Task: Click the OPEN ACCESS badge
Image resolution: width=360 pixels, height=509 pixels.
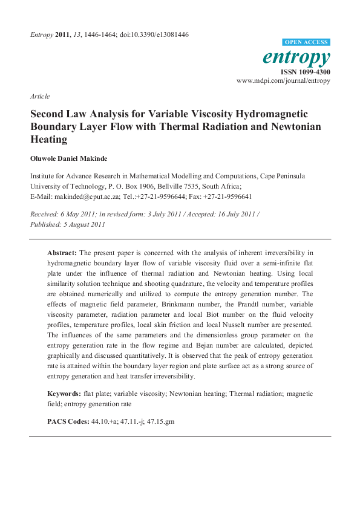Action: [x=306, y=42]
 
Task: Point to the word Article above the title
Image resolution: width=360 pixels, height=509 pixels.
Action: [x=40, y=96]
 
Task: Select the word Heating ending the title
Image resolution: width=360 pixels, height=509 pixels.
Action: [x=49, y=139]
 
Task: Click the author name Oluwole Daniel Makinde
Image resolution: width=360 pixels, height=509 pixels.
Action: [x=70, y=158]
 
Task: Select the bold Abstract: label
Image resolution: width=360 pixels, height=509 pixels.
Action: [x=62, y=252]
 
